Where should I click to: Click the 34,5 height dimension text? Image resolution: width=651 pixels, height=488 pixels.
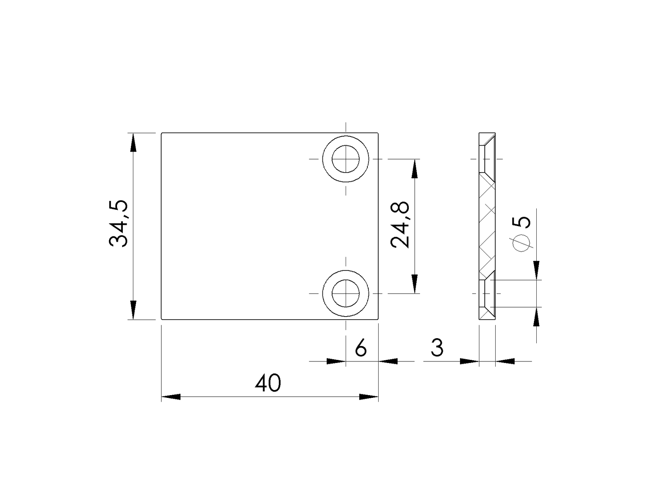pyautogui.click(x=119, y=224)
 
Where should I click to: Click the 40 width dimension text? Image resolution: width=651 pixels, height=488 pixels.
pyautogui.click(x=268, y=384)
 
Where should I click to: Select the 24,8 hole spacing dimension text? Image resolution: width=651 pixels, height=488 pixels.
pyautogui.click(x=400, y=225)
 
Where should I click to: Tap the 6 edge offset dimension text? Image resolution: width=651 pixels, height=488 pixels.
pyautogui.click(x=360, y=348)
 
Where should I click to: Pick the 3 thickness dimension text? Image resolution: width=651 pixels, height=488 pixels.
pyautogui.click(x=437, y=348)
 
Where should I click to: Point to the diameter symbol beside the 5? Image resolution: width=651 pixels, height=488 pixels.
pyautogui.click(x=521, y=243)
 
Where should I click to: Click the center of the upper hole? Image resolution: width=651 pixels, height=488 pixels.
pyautogui.click(x=346, y=159)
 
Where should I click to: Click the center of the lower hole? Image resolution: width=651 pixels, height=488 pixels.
pyautogui.click(x=346, y=293)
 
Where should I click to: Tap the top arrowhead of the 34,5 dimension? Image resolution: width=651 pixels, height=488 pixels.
pyautogui.click(x=133, y=142)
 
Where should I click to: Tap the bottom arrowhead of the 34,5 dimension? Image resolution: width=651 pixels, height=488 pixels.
pyautogui.click(x=133, y=311)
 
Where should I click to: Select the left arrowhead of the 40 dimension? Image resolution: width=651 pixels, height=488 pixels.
pyautogui.click(x=171, y=397)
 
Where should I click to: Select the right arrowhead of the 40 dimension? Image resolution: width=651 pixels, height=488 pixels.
pyautogui.click(x=369, y=397)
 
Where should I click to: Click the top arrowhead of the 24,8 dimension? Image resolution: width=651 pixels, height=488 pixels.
pyautogui.click(x=415, y=168)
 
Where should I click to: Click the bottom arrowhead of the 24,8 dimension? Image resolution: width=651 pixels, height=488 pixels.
pyautogui.click(x=415, y=284)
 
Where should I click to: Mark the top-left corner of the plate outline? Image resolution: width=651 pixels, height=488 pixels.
pyautogui.click(x=162, y=133)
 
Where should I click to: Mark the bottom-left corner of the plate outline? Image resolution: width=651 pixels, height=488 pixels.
pyautogui.click(x=162, y=319)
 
